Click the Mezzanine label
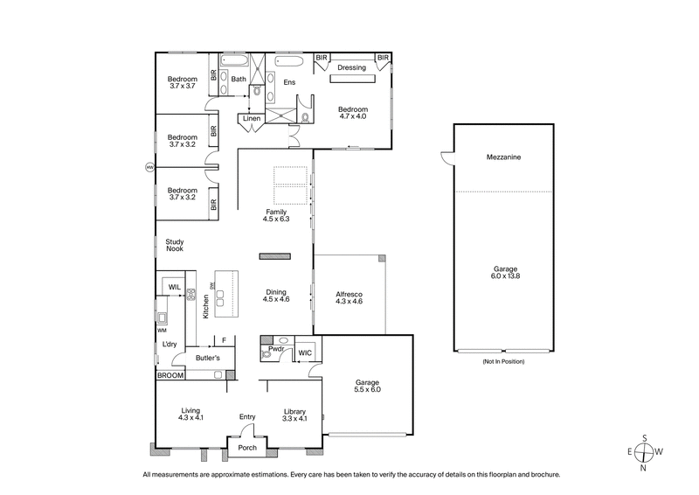point(504,158)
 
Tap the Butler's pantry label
point(207,359)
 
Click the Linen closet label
point(252,118)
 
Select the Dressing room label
point(351,66)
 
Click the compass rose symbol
point(645,452)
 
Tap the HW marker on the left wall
point(149,166)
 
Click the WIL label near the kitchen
point(174,286)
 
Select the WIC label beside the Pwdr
point(305,352)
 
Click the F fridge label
point(224,340)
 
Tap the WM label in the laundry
point(162,331)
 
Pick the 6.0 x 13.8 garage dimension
point(504,275)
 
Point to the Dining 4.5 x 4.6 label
point(276,295)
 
